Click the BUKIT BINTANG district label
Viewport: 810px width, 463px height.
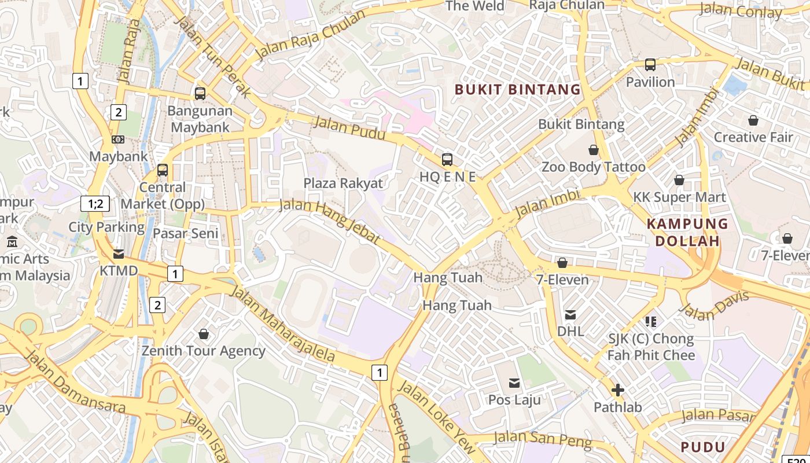517,89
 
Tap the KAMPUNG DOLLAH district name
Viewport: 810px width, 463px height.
687,232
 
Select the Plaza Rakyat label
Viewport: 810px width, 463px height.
343,183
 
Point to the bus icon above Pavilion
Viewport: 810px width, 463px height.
650,65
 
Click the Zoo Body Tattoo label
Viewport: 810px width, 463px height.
593,167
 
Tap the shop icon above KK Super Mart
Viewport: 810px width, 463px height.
679,180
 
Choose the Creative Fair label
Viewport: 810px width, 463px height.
753,137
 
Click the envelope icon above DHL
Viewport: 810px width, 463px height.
570,315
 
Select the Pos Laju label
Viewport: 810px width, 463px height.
514,399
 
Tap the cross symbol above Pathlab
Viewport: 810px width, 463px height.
618,390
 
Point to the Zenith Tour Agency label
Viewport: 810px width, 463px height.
204,351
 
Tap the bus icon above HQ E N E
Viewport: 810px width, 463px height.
447,160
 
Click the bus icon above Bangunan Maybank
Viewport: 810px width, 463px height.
200,93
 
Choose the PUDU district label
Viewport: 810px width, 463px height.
702,447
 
